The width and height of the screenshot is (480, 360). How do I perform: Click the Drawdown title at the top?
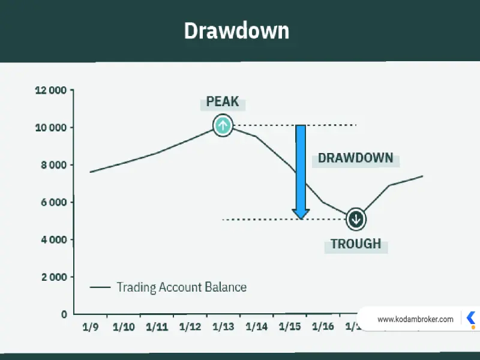[236, 31]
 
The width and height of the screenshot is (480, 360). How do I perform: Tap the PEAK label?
[223, 101]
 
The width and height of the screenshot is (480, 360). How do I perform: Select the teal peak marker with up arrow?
[223, 125]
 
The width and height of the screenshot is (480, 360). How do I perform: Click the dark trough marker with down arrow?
[356, 219]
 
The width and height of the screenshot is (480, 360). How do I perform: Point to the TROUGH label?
[356, 244]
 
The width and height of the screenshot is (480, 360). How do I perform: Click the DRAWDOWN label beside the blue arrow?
[355, 158]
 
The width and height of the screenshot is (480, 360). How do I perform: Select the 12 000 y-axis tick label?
[51, 91]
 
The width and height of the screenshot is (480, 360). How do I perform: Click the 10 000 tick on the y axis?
[51, 128]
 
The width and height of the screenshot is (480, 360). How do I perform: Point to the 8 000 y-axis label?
[53, 165]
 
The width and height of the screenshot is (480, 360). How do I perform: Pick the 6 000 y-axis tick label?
[53, 202]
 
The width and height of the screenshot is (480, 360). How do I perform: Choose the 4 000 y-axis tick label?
[53, 239]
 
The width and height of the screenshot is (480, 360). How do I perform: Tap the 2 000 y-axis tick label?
[54, 277]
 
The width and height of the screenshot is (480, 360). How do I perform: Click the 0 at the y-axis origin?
[64, 314]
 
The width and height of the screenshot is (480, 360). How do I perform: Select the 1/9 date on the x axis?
[91, 327]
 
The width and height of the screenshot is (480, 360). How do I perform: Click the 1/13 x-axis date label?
[223, 327]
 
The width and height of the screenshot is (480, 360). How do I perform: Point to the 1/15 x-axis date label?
[290, 327]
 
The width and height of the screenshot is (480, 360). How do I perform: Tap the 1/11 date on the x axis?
[157, 327]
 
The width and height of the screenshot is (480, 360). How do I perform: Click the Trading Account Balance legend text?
[182, 287]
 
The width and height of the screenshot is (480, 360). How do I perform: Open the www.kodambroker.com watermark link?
[415, 319]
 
